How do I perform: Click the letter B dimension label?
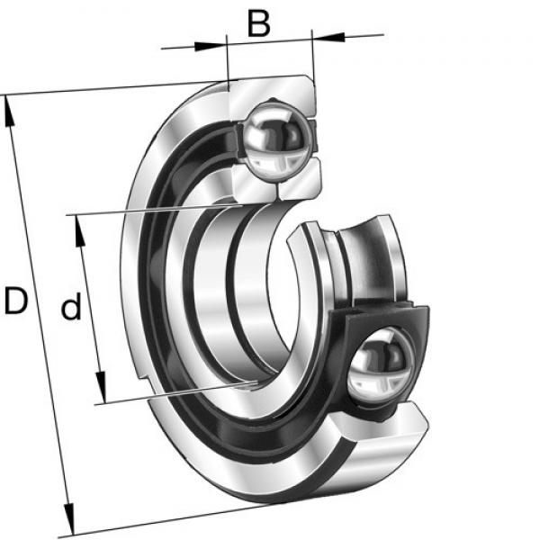[x=258, y=24]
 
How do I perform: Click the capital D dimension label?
[x=16, y=301]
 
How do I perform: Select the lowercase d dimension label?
[x=71, y=305]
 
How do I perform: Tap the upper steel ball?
[x=278, y=139]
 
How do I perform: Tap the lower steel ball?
[x=381, y=367]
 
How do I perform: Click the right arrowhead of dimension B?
[x=328, y=36]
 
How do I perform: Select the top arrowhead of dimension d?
[x=80, y=231]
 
